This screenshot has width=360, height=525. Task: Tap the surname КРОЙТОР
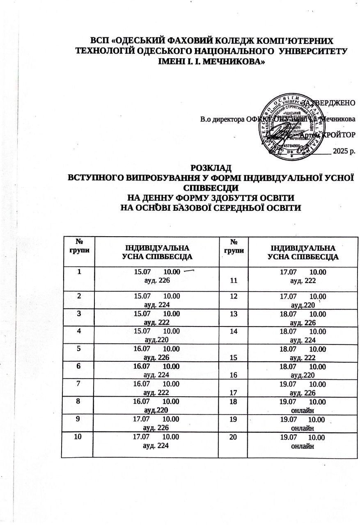[x=338, y=135]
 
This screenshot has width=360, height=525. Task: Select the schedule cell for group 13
[x=303, y=318]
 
